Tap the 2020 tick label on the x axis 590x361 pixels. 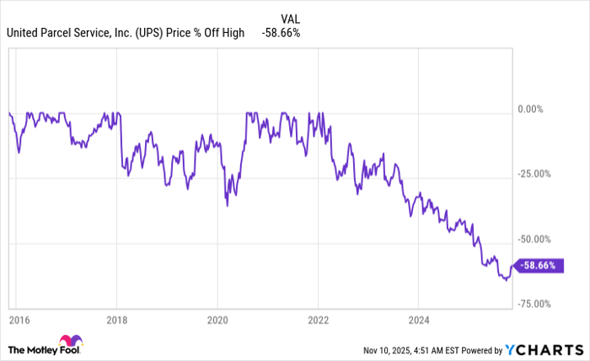tap(217, 321)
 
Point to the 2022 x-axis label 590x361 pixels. tap(318, 321)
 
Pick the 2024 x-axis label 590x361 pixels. tap(418, 321)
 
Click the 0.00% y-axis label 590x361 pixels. tap(535, 109)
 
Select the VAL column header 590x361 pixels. tap(291, 17)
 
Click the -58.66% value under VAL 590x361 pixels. tap(282, 33)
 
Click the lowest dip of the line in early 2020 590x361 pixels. tap(227, 205)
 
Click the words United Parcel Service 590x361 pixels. tap(58, 33)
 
